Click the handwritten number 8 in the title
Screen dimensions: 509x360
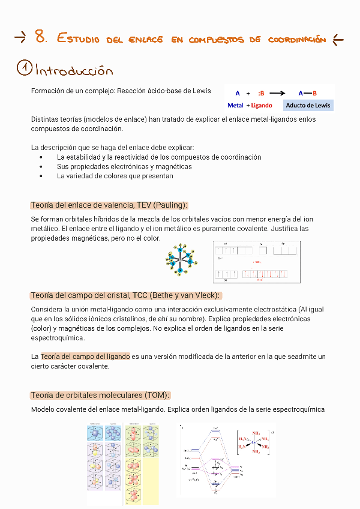point(40,37)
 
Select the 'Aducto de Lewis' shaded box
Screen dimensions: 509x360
point(307,105)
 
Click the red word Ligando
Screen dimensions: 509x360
point(261,105)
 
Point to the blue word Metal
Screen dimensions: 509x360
point(235,105)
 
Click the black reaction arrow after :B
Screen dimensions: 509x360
point(277,93)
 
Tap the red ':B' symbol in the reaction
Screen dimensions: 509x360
point(261,93)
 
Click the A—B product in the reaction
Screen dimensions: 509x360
point(307,93)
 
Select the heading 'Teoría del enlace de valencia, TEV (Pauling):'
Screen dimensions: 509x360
point(109,205)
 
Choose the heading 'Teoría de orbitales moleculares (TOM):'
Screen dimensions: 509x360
point(100,395)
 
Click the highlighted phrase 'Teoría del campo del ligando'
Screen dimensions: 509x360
point(85,357)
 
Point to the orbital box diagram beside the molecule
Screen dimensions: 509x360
point(257,262)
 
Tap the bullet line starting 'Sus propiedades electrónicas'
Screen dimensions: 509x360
point(124,166)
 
